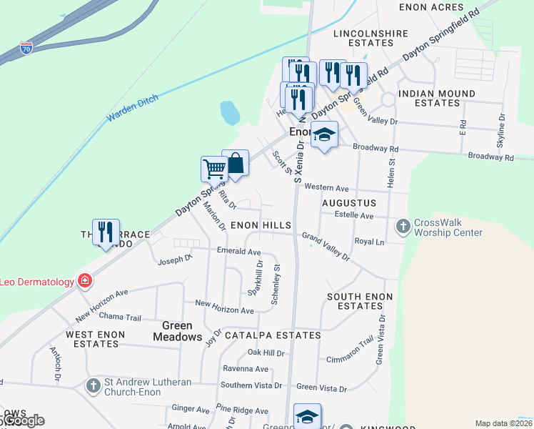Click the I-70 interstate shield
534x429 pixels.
pyautogui.click(x=26, y=49)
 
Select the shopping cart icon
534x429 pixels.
pyautogui.click(x=214, y=169)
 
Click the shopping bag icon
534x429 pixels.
pyautogui.click(x=235, y=163)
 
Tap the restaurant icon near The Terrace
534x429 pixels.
pyautogui.click(x=106, y=231)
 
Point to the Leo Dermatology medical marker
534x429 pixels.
pyautogui.click(x=84, y=281)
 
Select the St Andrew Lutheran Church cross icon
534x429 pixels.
pyautogui.click(x=93, y=385)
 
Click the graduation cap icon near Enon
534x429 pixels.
pyautogui.click(x=324, y=134)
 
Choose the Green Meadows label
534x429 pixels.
pyautogui.click(x=178, y=331)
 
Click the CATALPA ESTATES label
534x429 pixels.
pyautogui.click(x=273, y=335)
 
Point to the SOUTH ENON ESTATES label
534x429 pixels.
pyautogui.click(x=356, y=301)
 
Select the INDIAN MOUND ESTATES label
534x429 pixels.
pyautogui.click(x=437, y=98)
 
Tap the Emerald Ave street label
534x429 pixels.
pyautogui.click(x=239, y=252)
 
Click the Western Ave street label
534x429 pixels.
pyautogui.click(x=326, y=188)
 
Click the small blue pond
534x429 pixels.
pyautogui.click(x=230, y=112)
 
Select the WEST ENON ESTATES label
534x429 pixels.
pyautogui.click(x=95, y=339)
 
